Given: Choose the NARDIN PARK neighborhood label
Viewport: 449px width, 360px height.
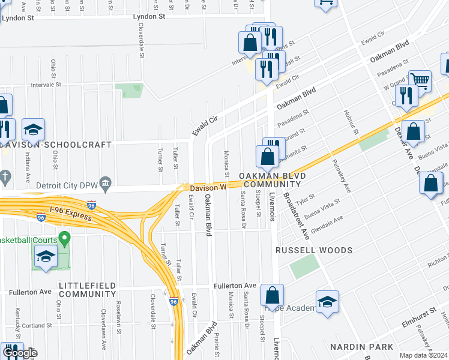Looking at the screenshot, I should (361, 347).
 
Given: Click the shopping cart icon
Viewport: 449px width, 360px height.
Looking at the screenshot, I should (420, 80).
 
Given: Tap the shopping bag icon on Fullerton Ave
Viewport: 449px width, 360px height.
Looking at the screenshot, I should (272, 295).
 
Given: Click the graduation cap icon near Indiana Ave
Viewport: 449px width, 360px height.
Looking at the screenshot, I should (34, 129).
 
